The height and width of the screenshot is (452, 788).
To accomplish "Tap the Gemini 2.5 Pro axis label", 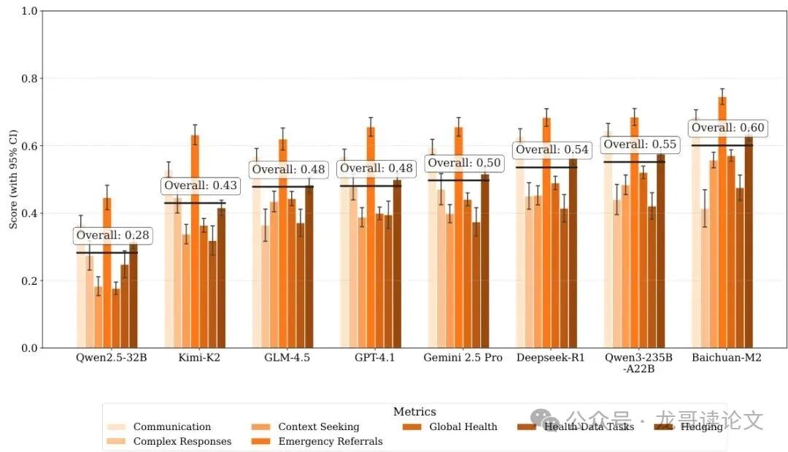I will (x=463, y=358).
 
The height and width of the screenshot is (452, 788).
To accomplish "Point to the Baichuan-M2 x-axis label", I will (x=727, y=358).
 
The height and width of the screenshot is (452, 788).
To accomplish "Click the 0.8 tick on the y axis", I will (x=28, y=79).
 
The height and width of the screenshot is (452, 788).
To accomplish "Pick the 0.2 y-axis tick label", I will (x=28, y=281).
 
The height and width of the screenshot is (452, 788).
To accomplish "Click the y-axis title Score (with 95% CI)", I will (x=13, y=180).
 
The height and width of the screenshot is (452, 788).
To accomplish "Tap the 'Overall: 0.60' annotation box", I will (x=727, y=129).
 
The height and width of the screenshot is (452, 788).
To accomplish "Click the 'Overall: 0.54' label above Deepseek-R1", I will (x=552, y=150).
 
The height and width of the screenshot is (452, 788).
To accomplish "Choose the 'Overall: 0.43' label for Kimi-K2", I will (x=201, y=186).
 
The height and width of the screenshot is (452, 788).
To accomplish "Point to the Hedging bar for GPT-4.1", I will (x=397, y=264).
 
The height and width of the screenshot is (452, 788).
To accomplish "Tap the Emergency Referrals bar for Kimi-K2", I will (x=195, y=241).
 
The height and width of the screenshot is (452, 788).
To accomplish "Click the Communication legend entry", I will (x=171, y=427).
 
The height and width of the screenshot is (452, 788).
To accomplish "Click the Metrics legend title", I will (x=414, y=413).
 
